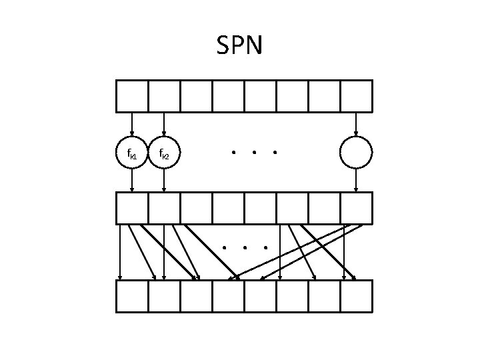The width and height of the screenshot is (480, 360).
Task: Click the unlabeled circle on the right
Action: pos(356,153)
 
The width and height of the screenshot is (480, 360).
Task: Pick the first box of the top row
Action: pos(132,96)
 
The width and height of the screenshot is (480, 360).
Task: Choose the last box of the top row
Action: pos(356,96)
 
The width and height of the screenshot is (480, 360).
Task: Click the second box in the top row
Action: pos(164,96)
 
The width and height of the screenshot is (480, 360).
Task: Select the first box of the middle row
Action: pos(132,208)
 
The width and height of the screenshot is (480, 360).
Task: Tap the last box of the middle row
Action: pos(356,208)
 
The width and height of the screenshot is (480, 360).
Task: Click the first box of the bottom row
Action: pos(132,296)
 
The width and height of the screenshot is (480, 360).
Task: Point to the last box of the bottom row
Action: pos(356,296)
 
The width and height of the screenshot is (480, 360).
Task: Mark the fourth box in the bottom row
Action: pos(228,296)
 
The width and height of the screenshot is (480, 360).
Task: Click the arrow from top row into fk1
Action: pos(132,124)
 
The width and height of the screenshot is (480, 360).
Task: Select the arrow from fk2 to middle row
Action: pos(164,180)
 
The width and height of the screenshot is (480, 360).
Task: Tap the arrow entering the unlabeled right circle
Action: pos(356,124)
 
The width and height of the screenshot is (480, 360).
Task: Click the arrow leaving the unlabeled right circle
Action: pos(356,180)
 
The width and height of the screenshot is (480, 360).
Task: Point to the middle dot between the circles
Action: pos(254,153)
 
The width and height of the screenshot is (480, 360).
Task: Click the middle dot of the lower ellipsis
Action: pos(245,247)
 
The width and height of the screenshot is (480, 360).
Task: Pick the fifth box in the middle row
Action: pos(260,208)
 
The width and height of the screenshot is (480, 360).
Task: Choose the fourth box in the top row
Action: pos(228,96)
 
